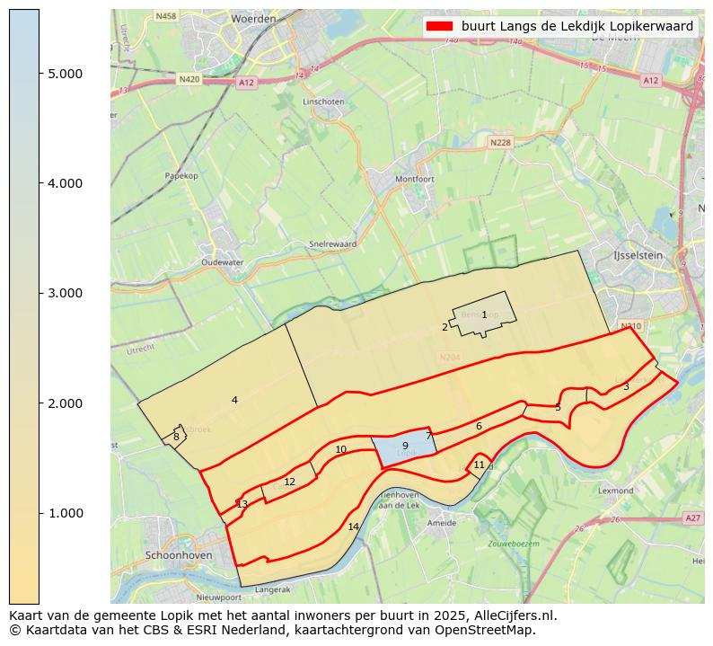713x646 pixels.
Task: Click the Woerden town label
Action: point(253,18)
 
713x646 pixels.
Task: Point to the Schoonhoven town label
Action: point(179,556)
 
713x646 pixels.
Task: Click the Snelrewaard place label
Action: point(332,243)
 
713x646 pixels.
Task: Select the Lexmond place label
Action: point(616,491)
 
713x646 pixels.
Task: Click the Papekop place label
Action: point(180,176)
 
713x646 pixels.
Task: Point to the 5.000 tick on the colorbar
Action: point(65,74)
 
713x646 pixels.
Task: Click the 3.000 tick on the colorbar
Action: point(65,293)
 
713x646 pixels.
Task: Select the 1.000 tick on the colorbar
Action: point(65,513)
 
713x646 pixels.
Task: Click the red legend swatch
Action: point(441,26)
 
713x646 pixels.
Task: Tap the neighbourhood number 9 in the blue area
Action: point(405,446)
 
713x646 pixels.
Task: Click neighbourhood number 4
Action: point(234,400)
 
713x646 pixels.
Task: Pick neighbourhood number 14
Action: point(353,527)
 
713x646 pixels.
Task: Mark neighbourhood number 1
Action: point(484,314)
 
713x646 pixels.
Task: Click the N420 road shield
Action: point(189,79)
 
